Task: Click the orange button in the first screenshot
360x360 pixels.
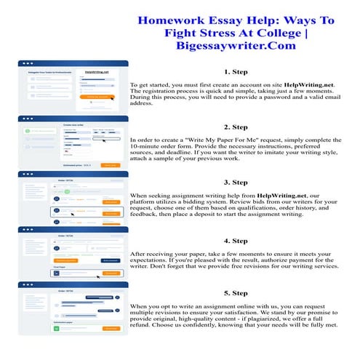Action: (101, 95)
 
